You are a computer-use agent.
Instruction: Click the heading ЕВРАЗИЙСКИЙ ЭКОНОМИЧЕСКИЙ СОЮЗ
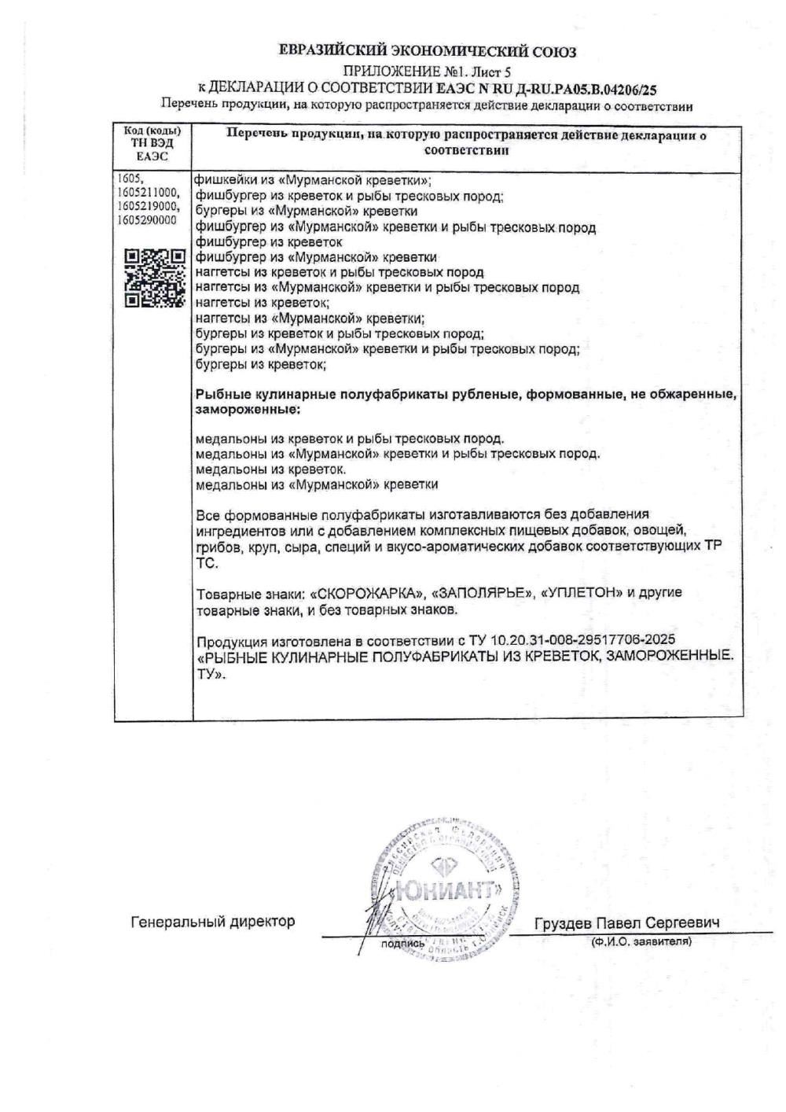coord(428,52)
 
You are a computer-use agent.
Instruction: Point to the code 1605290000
coord(148,220)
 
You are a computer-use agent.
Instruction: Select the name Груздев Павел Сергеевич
coord(626,922)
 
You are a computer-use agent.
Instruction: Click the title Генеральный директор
coord(212,921)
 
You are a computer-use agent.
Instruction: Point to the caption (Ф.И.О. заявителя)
coord(641,941)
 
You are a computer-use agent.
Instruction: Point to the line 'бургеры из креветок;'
coord(260,365)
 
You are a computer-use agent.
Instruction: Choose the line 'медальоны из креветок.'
coord(259,469)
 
